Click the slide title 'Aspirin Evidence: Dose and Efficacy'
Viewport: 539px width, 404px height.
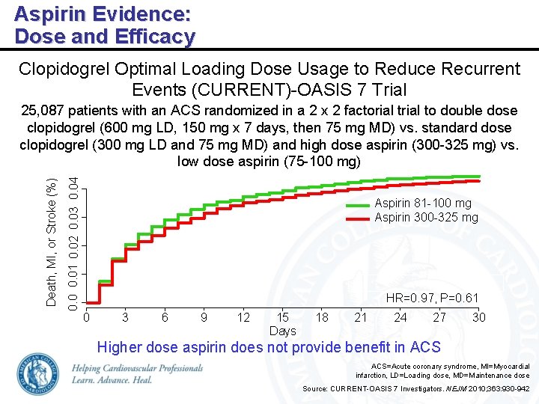105,25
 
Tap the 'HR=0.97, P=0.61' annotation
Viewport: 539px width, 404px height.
431,299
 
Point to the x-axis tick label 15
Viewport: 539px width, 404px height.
283,317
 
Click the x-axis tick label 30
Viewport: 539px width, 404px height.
478,317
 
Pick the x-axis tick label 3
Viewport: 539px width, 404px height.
125,317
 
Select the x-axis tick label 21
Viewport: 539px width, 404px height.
361,317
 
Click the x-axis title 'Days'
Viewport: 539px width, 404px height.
283,331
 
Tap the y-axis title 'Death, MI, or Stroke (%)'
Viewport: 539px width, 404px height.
51,242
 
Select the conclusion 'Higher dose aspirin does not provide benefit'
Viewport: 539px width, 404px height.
269,347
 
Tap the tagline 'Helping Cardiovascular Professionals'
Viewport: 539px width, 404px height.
138,369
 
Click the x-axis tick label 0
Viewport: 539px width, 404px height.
86,317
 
